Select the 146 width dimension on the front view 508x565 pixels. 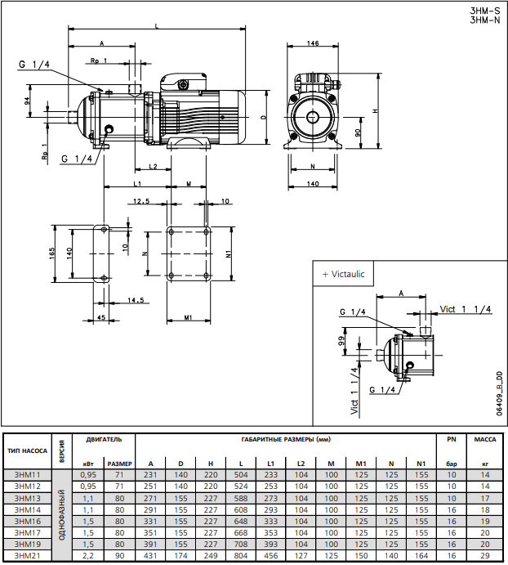(313, 43)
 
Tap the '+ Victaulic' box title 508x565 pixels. (343, 274)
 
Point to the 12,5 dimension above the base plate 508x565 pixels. (141, 201)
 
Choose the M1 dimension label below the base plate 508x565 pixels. (188, 317)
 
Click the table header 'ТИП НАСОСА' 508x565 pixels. (27, 451)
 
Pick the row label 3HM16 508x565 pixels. (27, 520)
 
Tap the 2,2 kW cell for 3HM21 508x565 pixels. (88, 556)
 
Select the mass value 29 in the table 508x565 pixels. (485, 556)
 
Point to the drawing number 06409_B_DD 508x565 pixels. (497, 394)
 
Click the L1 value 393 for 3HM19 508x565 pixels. (270, 544)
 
